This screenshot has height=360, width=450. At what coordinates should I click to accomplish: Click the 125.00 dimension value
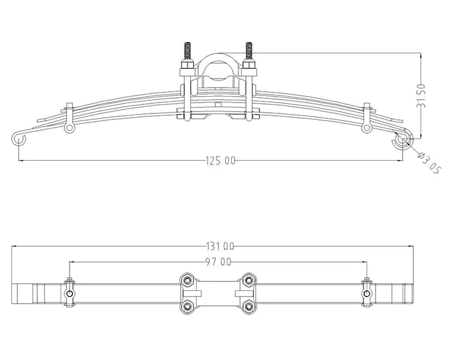coord(221,160)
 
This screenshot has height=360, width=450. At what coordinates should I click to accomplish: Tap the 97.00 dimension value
coord(217,262)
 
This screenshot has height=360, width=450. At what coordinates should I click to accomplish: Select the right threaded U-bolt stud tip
coord(250,49)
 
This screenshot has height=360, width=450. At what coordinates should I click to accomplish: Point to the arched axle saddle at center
coord(217,66)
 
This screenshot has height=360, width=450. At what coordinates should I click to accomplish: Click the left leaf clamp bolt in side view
coord(70,128)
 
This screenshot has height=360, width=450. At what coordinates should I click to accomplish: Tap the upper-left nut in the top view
coord(187,280)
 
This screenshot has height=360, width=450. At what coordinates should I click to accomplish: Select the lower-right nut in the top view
coord(248,307)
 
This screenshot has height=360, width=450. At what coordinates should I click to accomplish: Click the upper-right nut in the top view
coord(248,280)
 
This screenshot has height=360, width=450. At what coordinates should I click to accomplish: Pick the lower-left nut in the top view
coord(187,307)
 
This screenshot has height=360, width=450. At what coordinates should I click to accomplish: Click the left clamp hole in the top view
coord(70,294)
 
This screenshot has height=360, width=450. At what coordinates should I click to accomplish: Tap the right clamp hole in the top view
coord(365,294)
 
